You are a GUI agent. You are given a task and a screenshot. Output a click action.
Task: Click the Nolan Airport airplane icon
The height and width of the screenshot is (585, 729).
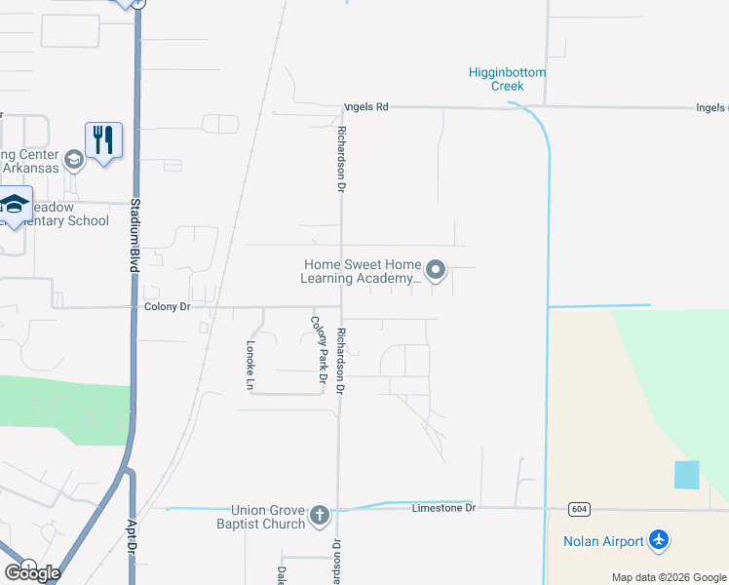[660, 540]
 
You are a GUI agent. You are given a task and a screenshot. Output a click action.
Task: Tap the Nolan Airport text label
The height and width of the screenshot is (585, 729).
[603, 541]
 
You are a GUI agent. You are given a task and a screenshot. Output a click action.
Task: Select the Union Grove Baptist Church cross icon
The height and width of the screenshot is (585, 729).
[321, 517]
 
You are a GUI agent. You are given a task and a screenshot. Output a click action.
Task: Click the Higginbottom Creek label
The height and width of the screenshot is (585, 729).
[507, 79]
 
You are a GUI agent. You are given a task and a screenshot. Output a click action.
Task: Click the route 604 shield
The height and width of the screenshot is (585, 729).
[579, 509]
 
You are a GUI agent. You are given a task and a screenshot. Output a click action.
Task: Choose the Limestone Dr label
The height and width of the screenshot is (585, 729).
[442, 508]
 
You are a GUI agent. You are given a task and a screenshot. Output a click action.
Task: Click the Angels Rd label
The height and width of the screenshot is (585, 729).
[365, 107]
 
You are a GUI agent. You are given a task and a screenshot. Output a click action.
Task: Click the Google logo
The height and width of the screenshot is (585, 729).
[32, 572]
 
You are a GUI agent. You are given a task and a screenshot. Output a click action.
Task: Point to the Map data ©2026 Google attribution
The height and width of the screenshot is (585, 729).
[669, 577]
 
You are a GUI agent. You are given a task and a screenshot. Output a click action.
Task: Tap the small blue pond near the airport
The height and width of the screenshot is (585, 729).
[686, 475]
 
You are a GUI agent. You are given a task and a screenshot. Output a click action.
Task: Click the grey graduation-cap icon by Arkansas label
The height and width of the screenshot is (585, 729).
[73, 159]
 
